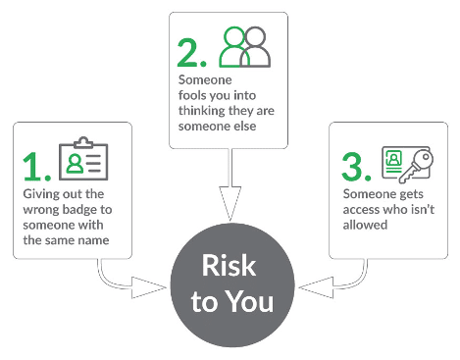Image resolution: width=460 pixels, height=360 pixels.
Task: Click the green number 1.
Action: pyautogui.click(x=33, y=166)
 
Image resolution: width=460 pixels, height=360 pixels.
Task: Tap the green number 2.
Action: pyautogui.click(x=187, y=52)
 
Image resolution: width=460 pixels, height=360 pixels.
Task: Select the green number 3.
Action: pyautogui.click(x=352, y=167)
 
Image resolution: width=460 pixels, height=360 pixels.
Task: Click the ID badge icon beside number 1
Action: pyautogui.click(x=83, y=158)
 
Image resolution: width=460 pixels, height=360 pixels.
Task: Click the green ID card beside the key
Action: pyautogui.click(x=393, y=162)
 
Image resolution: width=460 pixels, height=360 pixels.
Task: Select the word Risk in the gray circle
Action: pyautogui.click(x=229, y=266)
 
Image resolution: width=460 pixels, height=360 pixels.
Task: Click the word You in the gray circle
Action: pyautogui.click(x=250, y=301)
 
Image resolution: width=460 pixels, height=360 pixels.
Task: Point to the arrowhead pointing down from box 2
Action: pyautogui.click(x=230, y=203)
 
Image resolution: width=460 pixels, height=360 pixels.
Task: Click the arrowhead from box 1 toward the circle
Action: pyautogui.click(x=149, y=287)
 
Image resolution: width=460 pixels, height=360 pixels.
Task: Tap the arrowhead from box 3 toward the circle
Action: pyautogui.click(x=316, y=287)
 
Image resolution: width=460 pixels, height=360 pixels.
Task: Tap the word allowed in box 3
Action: pyautogui.click(x=365, y=225)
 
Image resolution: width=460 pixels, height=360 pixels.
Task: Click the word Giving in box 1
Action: pyautogui.click(x=37, y=194)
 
